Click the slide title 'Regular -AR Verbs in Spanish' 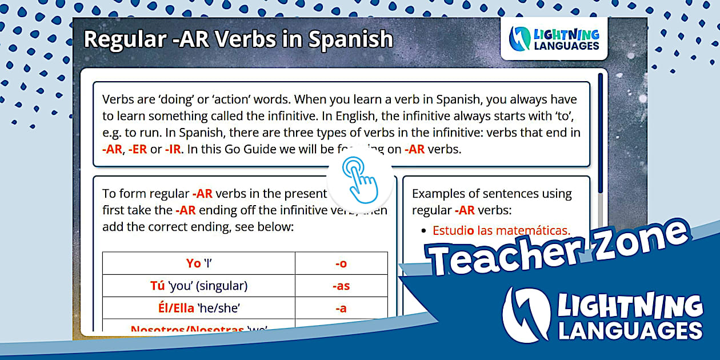tap(238, 39)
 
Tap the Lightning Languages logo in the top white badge tap(554, 39)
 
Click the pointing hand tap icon tap(361, 179)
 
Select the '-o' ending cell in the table tap(341, 263)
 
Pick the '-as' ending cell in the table tap(341, 286)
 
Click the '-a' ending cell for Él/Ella tap(341, 308)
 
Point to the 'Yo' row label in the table tap(194, 263)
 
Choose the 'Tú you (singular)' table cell tap(199, 286)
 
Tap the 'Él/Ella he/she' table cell tap(199, 308)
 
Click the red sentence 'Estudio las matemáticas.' tap(501, 230)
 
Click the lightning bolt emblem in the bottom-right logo tap(526, 315)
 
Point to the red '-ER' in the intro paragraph tap(137, 150)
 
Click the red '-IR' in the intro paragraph tap(173, 150)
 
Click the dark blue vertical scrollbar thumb tap(601, 131)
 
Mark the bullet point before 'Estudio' tap(423, 231)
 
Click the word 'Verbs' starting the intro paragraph tap(119, 100)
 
